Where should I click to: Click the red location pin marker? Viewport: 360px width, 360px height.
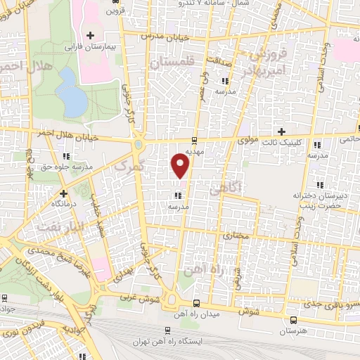[181, 165]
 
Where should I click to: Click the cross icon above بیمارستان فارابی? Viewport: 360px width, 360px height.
[90, 35]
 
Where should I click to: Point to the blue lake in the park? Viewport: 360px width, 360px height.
[70, 94]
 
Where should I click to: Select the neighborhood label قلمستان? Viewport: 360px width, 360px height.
[171, 63]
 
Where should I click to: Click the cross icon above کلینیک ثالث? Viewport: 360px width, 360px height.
[281, 131]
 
